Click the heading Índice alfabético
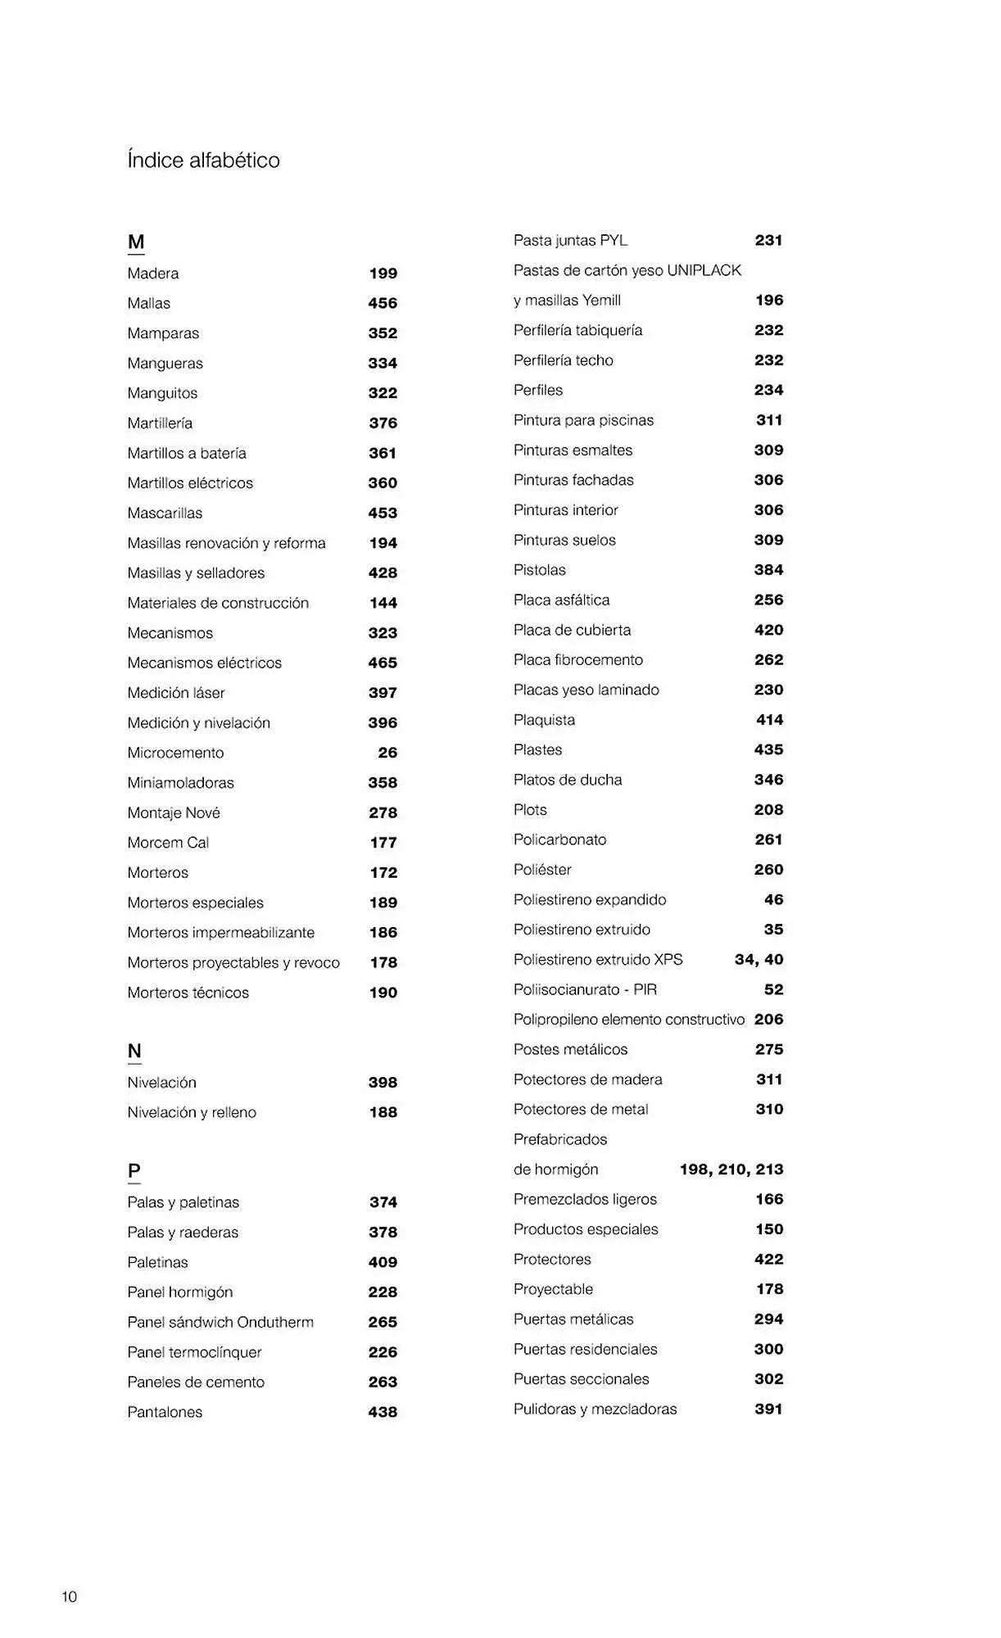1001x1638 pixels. click(203, 160)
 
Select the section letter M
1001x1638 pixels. click(136, 242)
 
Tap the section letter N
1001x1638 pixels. click(134, 1051)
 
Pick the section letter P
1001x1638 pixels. click(134, 1171)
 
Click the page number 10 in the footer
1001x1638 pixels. click(69, 1596)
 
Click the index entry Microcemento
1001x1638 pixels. click(175, 753)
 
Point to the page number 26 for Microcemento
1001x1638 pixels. click(387, 753)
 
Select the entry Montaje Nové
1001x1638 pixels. click(174, 812)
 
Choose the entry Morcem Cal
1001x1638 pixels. click(168, 843)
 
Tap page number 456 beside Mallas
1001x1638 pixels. click(383, 303)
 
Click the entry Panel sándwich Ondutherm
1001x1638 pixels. click(220, 1322)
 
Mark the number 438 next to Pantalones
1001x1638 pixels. click(383, 1412)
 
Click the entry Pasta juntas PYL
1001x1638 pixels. click(570, 240)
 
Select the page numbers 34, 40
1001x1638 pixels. click(759, 959)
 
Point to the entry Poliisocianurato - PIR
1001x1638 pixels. click(585, 989)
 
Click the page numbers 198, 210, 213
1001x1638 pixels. click(731, 1170)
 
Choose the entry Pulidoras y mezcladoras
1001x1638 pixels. click(596, 1409)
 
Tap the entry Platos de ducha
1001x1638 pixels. click(568, 780)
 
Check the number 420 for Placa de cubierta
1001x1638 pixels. click(768, 630)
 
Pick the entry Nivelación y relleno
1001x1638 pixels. click(192, 1112)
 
